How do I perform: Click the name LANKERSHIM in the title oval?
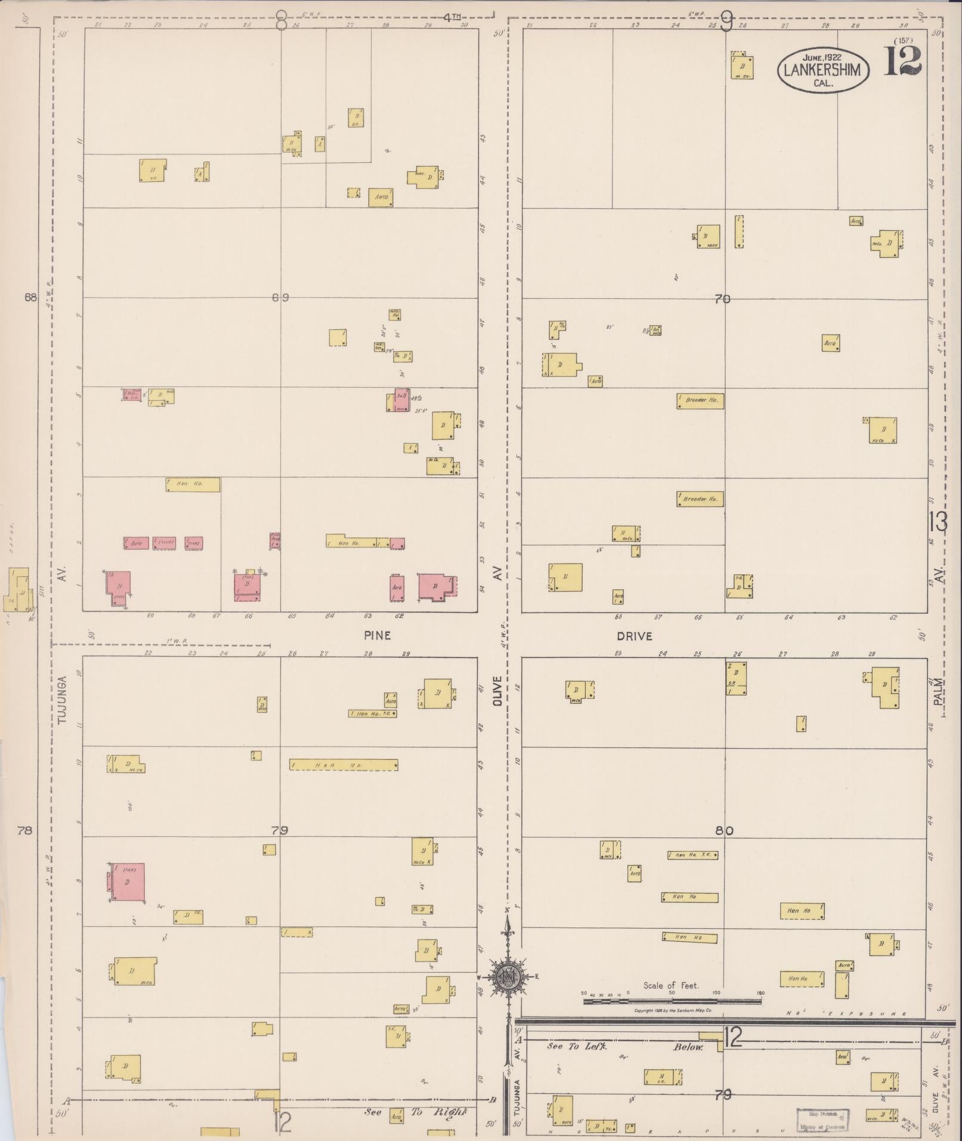coord(822,70)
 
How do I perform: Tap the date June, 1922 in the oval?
coord(822,57)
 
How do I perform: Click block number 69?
coord(280,298)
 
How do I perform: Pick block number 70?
coord(722,299)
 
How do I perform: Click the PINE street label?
coord(378,636)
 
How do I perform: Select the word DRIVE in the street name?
coord(635,636)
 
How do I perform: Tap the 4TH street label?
coord(452,17)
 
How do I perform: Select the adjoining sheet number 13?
coord(938,522)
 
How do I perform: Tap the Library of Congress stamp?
coord(822,1118)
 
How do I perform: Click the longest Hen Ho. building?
coord(344,765)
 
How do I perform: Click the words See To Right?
coord(415,1112)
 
